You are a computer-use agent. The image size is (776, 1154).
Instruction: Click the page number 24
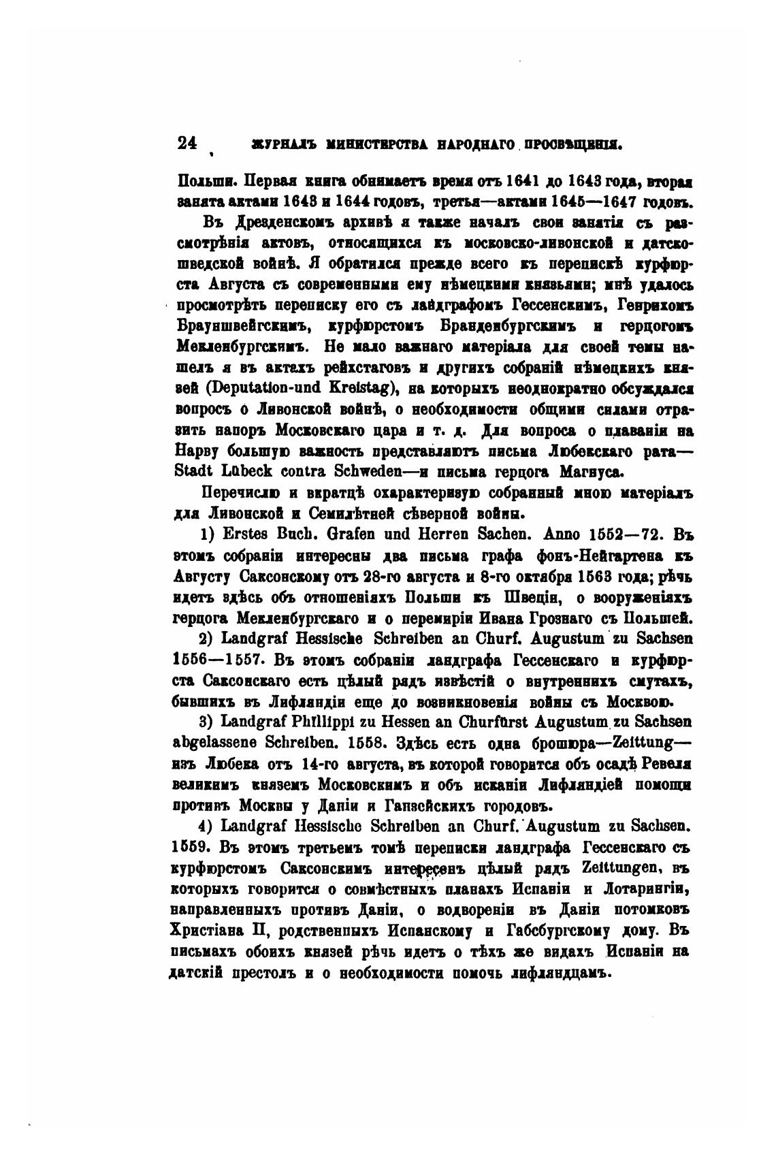pyautogui.click(x=187, y=143)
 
